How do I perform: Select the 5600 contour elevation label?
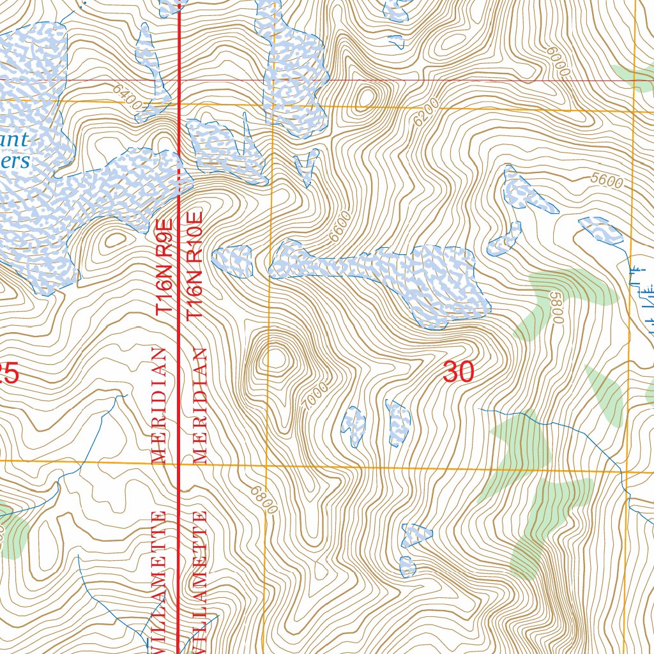coord(606,181)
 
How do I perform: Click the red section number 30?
coord(458,372)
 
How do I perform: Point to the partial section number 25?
coord(9,373)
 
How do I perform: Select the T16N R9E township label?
coord(165,266)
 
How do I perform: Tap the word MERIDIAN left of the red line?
coord(159,406)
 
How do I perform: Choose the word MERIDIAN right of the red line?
coord(201,406)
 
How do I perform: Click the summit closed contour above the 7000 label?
coord(277,358)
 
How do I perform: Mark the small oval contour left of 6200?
coord(366,98)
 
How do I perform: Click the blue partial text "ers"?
coord(15,161)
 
